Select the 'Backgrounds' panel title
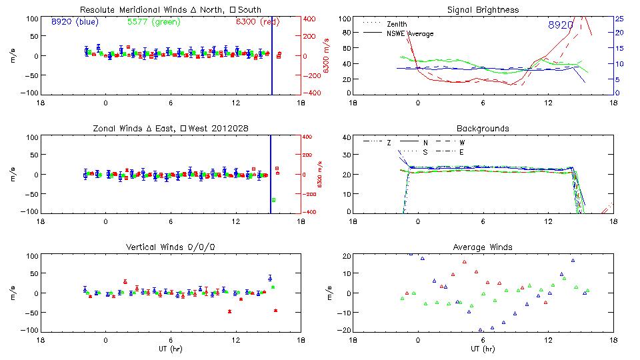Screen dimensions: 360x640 [x=483, y=128]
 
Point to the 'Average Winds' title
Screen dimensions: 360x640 [x=483, y=247]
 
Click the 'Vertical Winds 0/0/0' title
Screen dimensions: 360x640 [x=170, y=247]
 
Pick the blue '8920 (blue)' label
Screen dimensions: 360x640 [x=74, y=22]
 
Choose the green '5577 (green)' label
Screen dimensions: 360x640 [x=153, y=22]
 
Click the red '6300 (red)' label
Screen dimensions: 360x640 [x=257, y=22]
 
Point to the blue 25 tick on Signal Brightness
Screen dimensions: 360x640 [x=619, y=19]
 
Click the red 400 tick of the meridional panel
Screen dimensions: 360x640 [x=311, y=19]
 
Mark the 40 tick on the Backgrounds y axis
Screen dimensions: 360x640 [x=346, y=138]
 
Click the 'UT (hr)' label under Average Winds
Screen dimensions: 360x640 [x=483, y=349]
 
